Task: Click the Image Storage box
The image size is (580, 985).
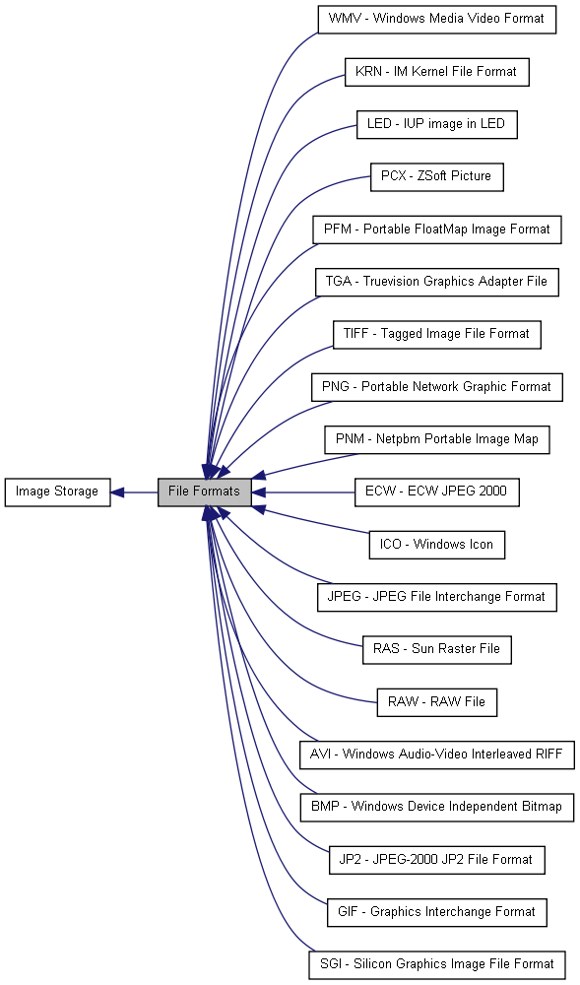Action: [x=58, y=492]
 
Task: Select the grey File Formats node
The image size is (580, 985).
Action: [x=205, y=492]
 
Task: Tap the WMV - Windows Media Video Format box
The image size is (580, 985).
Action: [x=437, y=19]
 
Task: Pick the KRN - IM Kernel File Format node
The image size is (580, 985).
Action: [x=437, y=72]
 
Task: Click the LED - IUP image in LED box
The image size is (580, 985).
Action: [x=437, y=124]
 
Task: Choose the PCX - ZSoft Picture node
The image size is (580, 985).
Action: [x=437, y=176]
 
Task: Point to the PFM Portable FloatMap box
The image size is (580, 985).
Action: [x=437, y=230]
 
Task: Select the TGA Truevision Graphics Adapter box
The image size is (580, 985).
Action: [x=437, y=282]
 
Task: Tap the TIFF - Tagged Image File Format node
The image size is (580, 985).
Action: [x=437, y=334]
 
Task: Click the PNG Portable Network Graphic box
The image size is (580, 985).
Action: [x=437, y=387]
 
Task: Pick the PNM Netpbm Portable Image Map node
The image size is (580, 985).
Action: [x=437, y=439]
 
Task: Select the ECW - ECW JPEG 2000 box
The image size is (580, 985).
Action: [x=437, y=492]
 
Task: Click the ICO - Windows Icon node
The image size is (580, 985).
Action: [x=437, y=545]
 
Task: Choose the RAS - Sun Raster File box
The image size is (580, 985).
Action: [x=437, y=649]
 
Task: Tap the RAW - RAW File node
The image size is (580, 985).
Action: [x=437, y=702]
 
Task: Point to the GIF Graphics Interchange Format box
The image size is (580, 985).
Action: [x=437, y=912]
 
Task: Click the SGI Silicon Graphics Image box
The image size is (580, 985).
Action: [x=437, y=965]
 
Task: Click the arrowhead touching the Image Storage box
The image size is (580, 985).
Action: [x=118, y=492]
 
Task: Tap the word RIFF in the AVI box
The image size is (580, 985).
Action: [x=549, y=754]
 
